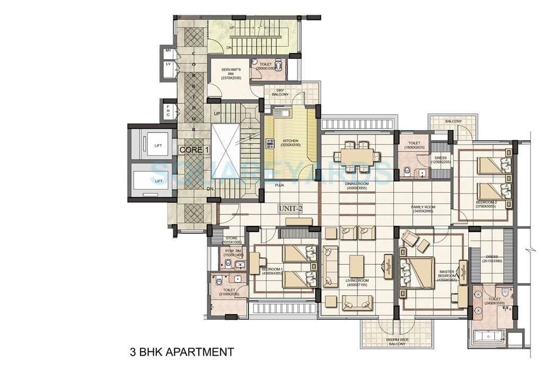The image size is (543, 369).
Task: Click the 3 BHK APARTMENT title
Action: pyautogui.click(x=182, y=352)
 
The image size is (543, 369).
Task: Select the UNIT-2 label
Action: pyautogui.click(x=290, y=209)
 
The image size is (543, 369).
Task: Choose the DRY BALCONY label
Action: pyautogui.click(x=281, y=92)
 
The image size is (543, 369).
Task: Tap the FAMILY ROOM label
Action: pyautogui.click(x=423, y=209)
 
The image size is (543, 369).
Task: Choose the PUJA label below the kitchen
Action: pyautogui.click(x=279, y=186)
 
